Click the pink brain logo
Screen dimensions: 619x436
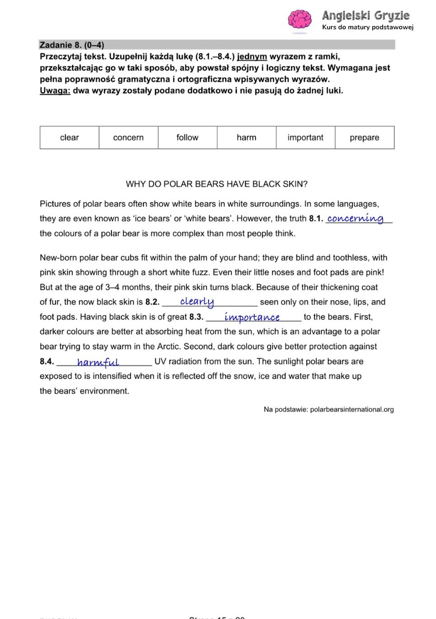coord(300,20)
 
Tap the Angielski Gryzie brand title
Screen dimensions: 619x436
coord(366,16)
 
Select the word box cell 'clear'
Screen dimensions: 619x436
coord(70,137)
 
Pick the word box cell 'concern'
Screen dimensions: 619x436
coord(128,137)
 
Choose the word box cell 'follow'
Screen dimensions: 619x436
coord(187,137)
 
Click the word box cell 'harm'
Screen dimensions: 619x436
coord(246,137)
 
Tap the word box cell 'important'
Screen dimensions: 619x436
coord(306,137)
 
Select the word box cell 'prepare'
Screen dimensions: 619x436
coord(364,137)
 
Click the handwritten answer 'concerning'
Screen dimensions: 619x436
coord(355,218)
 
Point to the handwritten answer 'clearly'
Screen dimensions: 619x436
coord(197,301)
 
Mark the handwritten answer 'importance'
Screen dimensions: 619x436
coord(252,317)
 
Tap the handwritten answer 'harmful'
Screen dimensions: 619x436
coord(98,362)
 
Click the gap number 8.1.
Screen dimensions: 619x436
coord(316,219)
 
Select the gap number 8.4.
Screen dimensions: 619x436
coord(47,361)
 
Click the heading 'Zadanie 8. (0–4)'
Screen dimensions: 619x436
coord(72,45)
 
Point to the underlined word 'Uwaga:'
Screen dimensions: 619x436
coord(55,90)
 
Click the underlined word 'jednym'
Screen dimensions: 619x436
coord(252,56)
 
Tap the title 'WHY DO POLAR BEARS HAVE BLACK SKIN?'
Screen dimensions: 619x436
coord(217,184)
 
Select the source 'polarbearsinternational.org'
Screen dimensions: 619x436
coord(352,409)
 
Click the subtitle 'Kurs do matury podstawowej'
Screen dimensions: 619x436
coord(367,27)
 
